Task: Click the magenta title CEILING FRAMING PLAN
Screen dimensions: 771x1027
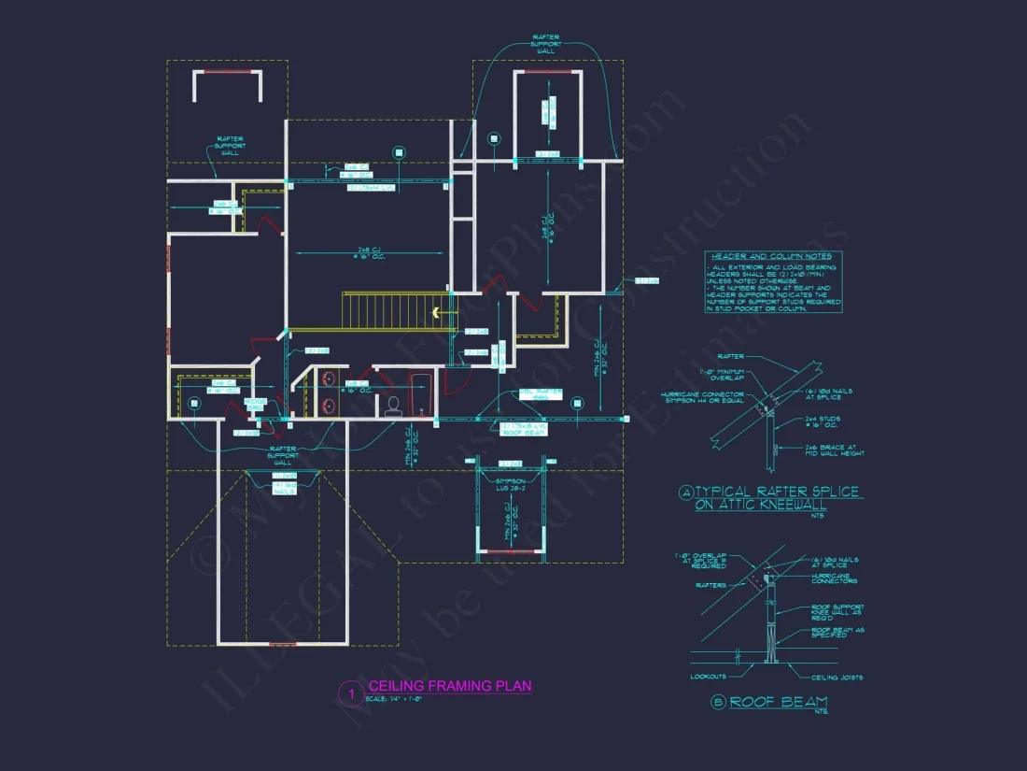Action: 450,686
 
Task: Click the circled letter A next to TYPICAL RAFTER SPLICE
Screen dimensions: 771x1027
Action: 687,493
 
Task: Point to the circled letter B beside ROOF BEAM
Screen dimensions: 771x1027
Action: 717,703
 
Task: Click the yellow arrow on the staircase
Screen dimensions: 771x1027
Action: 436,313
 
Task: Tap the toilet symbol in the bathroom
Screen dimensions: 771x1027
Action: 393,405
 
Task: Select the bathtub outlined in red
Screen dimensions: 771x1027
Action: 421,393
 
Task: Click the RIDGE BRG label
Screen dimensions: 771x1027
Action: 254,404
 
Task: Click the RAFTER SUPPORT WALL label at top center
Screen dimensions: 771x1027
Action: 545,45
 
